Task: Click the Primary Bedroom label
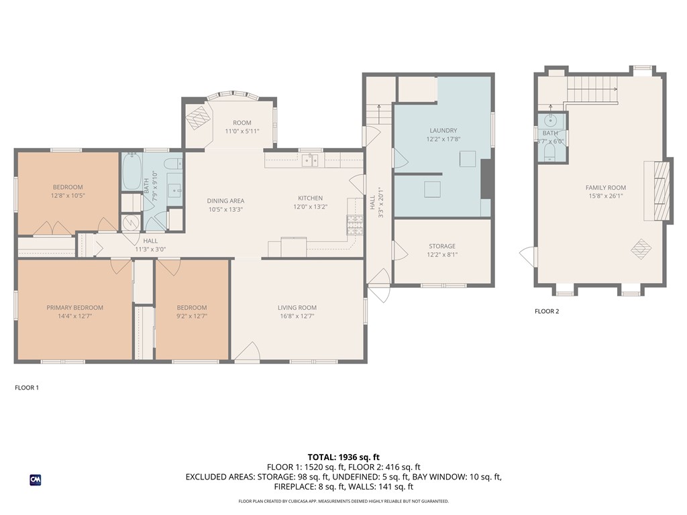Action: pyautogui.click(x=74, y=308)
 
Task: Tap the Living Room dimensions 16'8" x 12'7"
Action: pyautogui.click(x=297, y=316)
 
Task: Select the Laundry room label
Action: pyautogui.click(x=442, y=130)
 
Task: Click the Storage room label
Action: pyautogui.click(x=442, y=246)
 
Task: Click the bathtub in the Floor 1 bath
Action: pyautogui.click(x=131, y=172)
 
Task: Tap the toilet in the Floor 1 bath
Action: pyautogui.click(x=172, y=164)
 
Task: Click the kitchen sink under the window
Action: pyautogui.click(x=309, y=160)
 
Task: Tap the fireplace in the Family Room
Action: pyautogui.click(x=659, y=191)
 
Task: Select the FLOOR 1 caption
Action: pyautogui.click(x=27, y=388)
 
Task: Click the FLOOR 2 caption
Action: pyautogui.click(x=547, y=311)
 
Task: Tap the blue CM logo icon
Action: pyautogui.click(x=36, y=479)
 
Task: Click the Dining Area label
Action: pyautogui.click(x=225, y=201)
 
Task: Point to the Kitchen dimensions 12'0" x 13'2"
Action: pyautogui.click(x=310, y=207)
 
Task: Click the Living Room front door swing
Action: pyautogui.click(x=247, y=351)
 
